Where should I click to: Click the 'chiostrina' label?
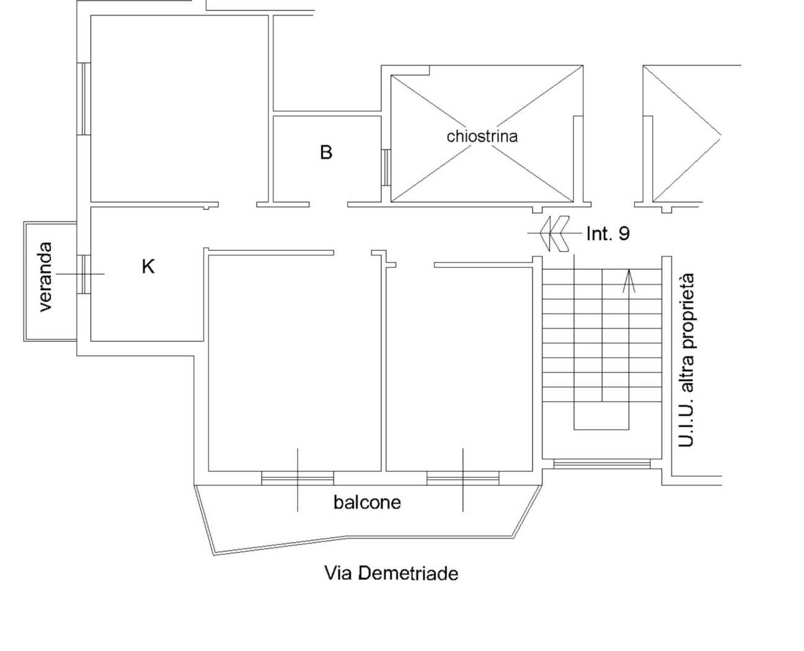tap(482, 136)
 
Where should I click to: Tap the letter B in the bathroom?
tap(325, 152)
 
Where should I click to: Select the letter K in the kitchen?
tap(148, 267)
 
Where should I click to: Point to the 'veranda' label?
tap(46, 277)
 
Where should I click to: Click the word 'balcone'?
tap(367, 502)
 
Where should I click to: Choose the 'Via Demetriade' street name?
tap(391, 573)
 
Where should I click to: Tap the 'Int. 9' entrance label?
tap(608, 234)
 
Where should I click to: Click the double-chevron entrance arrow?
tap(554, 234)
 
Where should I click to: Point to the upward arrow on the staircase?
tap(629, 281)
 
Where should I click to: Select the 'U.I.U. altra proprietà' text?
tap(686, 360)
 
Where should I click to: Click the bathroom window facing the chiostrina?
tap(386, 167)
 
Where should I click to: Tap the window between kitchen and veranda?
tap(84, 275)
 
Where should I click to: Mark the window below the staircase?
tap(602, 464)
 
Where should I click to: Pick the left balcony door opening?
tap(298, 478)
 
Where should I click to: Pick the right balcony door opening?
tap(463, 478)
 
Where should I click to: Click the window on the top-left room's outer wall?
tap(84, 99)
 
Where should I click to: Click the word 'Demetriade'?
tap(409, 573)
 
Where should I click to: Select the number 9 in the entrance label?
tap(624, 234)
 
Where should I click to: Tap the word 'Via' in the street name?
tap(338, 573)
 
